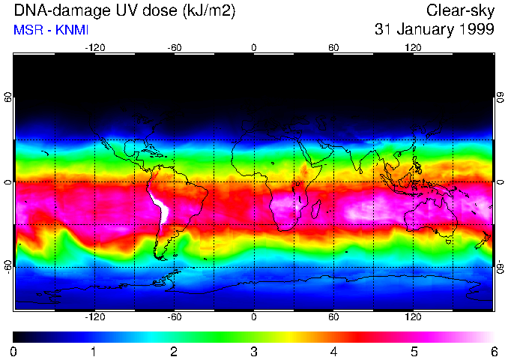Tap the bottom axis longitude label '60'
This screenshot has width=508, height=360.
tap(333, 316)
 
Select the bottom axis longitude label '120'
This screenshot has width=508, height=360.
tap(413, 316)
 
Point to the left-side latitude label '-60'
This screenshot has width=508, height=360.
tap(8, 266)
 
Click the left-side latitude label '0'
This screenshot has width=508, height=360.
tap(8, 182)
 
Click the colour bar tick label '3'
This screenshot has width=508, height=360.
tap(253, 351)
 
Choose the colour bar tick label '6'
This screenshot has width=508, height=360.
tap(493, 351)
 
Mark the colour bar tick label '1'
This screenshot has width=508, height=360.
tap(93, 351)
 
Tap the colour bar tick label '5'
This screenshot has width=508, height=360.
tap(413, 351)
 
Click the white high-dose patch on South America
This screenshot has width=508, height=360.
tap(159, 206)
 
